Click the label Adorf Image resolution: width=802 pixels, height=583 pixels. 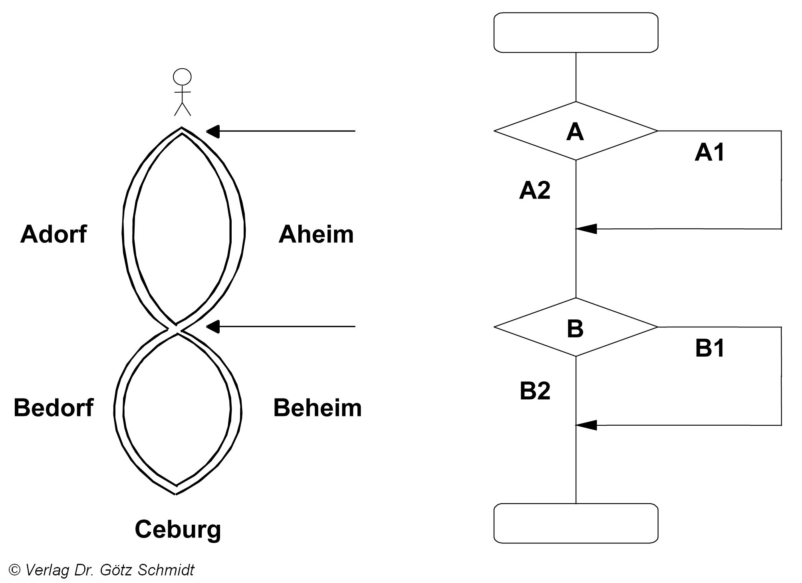point(54,234)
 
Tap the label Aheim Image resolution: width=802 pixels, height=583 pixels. point(316,234)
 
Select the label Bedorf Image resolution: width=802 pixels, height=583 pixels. point(54,408)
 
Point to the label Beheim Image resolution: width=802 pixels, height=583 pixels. point(317,408)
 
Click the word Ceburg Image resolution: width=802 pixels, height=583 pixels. point(178,529)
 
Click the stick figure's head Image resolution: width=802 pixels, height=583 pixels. point(182,77)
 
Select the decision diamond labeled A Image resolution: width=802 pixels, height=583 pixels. point(576,131)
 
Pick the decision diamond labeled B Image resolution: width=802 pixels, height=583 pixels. point(576,327)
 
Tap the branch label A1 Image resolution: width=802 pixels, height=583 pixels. point(709,153)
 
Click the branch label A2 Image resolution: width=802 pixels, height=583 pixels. point(534,190)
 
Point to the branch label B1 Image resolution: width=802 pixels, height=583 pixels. point(710,348)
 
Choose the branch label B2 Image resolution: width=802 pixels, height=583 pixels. point(535,391)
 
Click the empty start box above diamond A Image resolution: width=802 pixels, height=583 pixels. point(576,32)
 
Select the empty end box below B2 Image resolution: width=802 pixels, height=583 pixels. point(576,523)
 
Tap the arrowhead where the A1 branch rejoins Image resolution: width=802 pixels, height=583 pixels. point(586,229)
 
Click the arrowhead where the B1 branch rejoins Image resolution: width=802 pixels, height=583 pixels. point(586,425)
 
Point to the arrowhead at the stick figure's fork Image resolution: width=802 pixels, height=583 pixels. point(213,131)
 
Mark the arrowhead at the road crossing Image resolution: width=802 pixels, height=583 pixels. point(213,327)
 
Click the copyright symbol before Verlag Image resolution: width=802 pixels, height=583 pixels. point(14,570)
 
